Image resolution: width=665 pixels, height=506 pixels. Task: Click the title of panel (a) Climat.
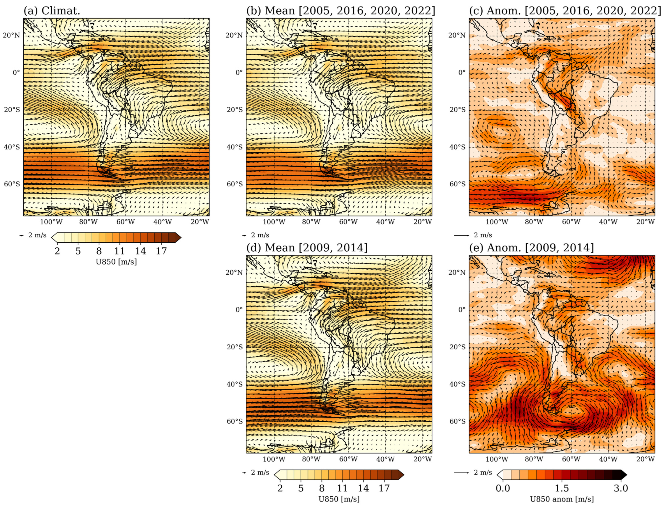[52, 11]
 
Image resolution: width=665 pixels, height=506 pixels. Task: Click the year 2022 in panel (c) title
[643, 11]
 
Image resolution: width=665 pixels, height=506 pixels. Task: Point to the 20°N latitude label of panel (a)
[11, 35]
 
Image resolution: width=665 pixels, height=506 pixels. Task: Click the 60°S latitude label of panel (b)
[234, 184]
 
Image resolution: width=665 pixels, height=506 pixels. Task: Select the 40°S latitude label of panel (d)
[234, 384]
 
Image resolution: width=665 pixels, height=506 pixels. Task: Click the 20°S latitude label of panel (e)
[457, 347]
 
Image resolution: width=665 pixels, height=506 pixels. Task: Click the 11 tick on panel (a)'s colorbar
[120, 251]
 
